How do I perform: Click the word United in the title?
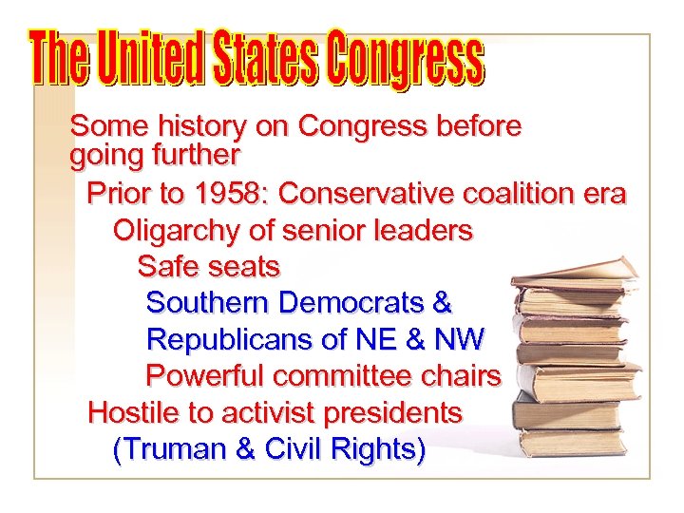click(151, 59)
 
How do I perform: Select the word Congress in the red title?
click(408, 59)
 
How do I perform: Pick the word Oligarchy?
click(177, 231)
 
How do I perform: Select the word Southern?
click(209, 303)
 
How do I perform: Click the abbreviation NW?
click(459, 339)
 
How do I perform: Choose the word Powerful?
click(205, 376)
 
